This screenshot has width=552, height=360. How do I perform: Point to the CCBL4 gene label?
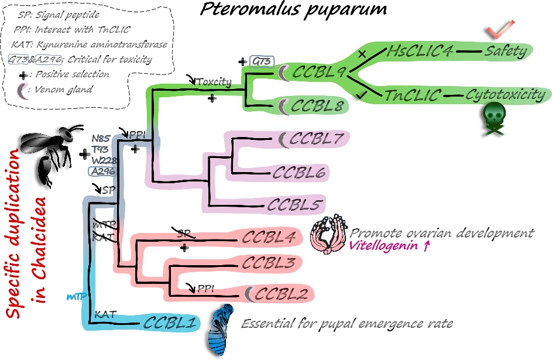tap(268, 239)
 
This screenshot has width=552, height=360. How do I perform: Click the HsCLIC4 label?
tap(420, 52)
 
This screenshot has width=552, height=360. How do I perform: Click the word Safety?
tap(505, 52)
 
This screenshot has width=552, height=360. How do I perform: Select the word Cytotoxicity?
tap(504, 95)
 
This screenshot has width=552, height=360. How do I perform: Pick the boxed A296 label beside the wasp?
tap(102, 171)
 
